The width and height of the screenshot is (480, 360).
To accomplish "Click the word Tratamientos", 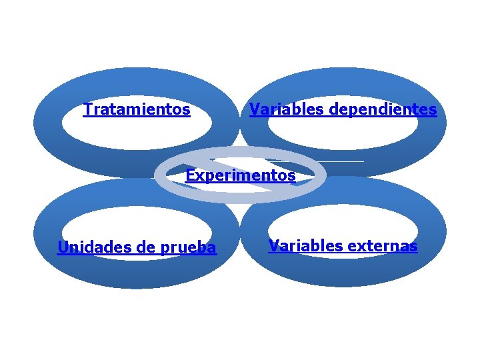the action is pyautogui.click(x=137, y=109).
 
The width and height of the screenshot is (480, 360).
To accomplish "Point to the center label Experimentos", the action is pyautogui.click(x=240, y=176).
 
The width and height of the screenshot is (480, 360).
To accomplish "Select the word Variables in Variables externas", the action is pyautogui.click(x=301, y=246).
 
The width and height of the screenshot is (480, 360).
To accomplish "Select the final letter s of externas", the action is pyautogui.click(x=413, y=247).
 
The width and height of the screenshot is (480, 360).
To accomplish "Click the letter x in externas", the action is pyautogui.click(x=361, y=247).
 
